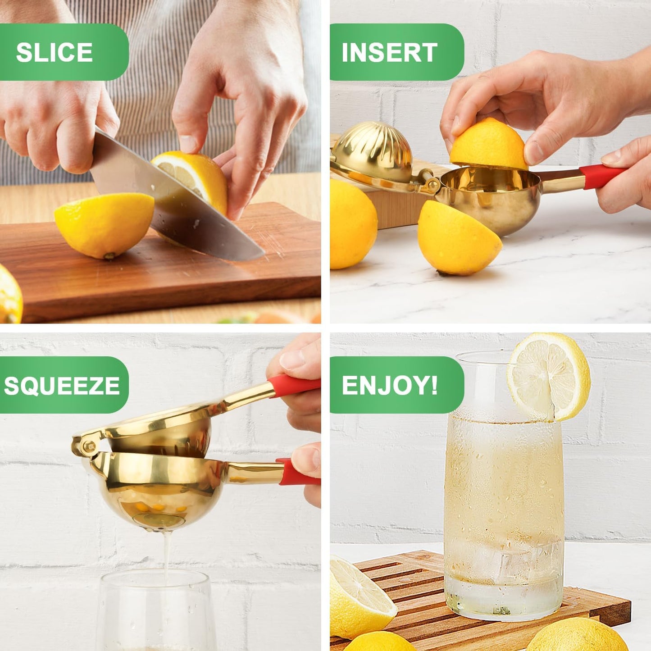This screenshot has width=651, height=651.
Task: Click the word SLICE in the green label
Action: click(54, 53)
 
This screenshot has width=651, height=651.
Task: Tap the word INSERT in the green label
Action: click(389, 53)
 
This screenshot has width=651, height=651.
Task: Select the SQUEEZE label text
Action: click(62, 386)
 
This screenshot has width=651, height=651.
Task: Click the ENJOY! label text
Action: click(389, 386)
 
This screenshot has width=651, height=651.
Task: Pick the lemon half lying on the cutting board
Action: click(105, 224)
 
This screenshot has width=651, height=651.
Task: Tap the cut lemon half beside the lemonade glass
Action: click(360, 595)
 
